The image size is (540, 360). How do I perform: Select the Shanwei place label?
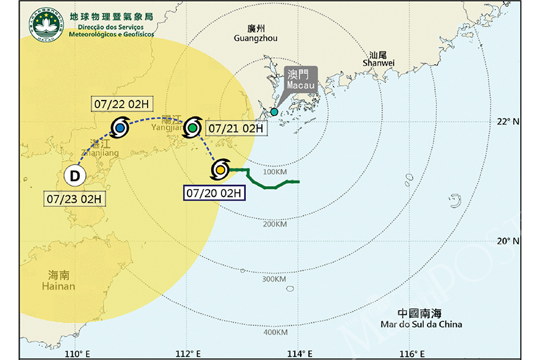(x=379, y=58)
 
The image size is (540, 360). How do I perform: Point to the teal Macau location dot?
(x=274, y=112)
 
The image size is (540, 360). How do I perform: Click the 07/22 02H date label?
(x=121, y=104)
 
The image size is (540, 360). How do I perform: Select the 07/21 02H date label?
(x=235, y=128)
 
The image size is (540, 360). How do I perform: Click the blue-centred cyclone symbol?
(x=120, y=127)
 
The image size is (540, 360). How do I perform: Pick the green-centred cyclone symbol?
(x=193, y=127)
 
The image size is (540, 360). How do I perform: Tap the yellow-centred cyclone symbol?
(x=220, y=170)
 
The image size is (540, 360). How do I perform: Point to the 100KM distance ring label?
(x=274, y=171)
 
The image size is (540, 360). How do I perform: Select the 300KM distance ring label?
(x=274, y=279)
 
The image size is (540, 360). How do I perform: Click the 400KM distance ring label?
(x=274, y=332)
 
